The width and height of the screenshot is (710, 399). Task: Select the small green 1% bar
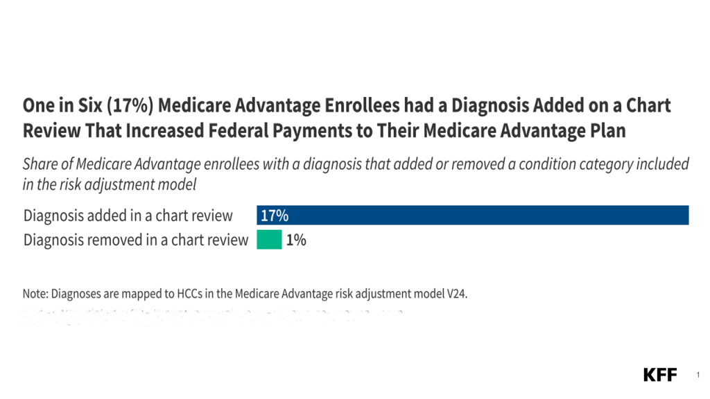269,240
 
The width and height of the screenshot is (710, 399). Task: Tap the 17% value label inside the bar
274,215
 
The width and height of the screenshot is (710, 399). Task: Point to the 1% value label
296,240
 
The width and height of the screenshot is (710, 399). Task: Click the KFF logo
660,375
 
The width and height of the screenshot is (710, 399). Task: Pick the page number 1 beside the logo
697,375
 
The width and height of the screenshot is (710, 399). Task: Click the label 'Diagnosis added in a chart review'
128,215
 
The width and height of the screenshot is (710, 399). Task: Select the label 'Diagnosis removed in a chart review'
136,240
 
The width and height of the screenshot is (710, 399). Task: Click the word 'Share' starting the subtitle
40,165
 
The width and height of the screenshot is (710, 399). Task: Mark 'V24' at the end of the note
456,294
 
